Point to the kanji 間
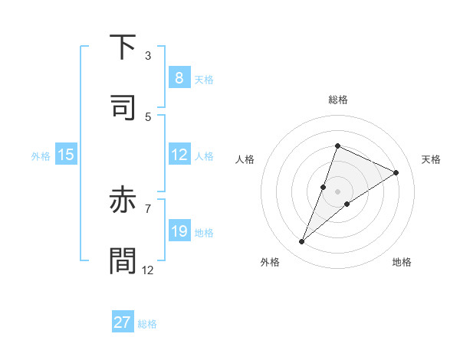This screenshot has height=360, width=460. click(123, 260)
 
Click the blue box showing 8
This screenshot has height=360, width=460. click(179, 78)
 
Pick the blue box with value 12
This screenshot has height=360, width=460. click(179, 155)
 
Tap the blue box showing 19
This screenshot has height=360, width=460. click(179, 231)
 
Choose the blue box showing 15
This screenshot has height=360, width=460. click(66, 155)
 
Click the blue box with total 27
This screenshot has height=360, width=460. click(122, 322)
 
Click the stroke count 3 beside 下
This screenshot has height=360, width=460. click(148, 55)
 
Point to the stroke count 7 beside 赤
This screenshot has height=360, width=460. click(148, 208)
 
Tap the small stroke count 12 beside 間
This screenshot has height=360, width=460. click(148, 270)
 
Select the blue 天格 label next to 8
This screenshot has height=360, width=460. click(204, 79)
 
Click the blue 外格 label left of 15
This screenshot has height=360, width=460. click(41, 155)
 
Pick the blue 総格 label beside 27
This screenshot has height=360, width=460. click(147, 323)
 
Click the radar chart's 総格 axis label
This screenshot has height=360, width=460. click(338, 100)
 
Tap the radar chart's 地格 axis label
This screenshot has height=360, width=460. click(402, 262)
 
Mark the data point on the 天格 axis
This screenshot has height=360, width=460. click(396, 172)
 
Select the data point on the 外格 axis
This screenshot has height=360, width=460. click(302, 242)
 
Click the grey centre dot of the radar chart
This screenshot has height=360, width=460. click(338, 191)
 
